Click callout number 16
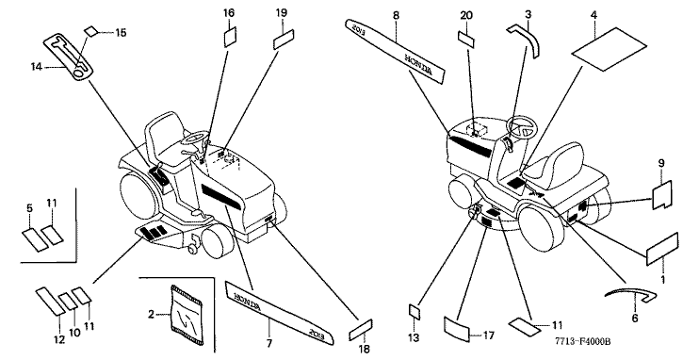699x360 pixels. (x=229, y=12)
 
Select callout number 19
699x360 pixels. (x=282, y=12)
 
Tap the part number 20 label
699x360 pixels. (x=466, y=16)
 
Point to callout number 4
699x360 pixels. (x=593, y=15)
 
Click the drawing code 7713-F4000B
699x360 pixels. (x=582, y=341)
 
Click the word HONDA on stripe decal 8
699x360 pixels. (x=418, y=64)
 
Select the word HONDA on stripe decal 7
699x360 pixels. (x=247, y=301)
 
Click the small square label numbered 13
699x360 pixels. (x=415, y=312)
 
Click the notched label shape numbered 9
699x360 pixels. (x=663, y=195)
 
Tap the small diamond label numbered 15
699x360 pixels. (x=91, y=31)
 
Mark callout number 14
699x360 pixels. (x=37, y=67)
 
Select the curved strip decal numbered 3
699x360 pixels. (x=525, y=41)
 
